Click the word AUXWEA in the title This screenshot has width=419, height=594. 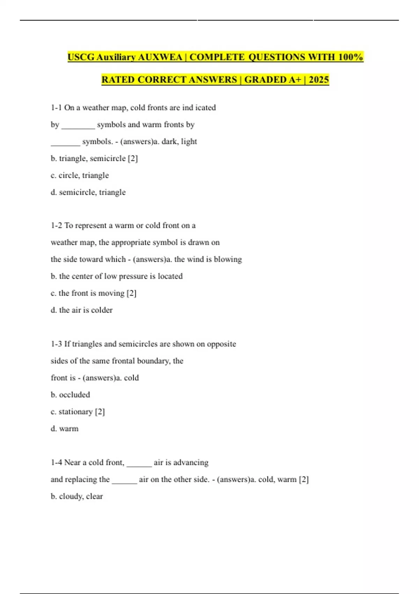(160, 57)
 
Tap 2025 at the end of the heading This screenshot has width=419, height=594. (319, 80)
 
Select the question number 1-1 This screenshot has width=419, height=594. (56, 108)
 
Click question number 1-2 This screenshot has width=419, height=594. (56, 226)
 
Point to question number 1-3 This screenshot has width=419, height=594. (56, 344)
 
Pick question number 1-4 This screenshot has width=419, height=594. (56, 463)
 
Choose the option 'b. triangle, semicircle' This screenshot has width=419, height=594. (88, 159)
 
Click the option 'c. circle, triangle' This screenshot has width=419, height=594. (80, 175)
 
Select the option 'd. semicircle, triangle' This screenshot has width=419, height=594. (88, 193)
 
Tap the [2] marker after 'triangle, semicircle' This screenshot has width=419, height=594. (133, 159)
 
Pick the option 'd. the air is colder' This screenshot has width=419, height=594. (81, 310)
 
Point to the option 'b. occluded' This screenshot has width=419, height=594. (70, 395)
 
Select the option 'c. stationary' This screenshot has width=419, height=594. (72, 412)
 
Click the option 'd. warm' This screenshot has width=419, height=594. (65, 429)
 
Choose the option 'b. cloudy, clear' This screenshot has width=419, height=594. (77, 497)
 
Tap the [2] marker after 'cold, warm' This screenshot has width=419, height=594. (304, 479)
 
